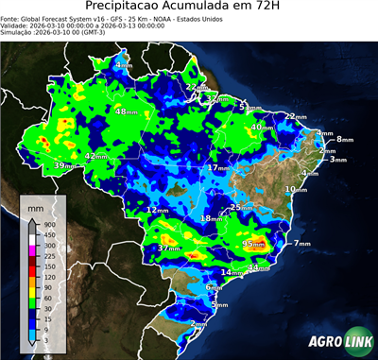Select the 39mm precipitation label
point(64,165)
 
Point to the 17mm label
point(218,167)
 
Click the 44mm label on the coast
point(258,267)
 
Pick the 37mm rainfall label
point(169,248)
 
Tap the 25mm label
point(241,207)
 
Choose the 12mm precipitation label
point(157,210)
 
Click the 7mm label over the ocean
point(302,244)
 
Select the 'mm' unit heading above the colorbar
point(35,204)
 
